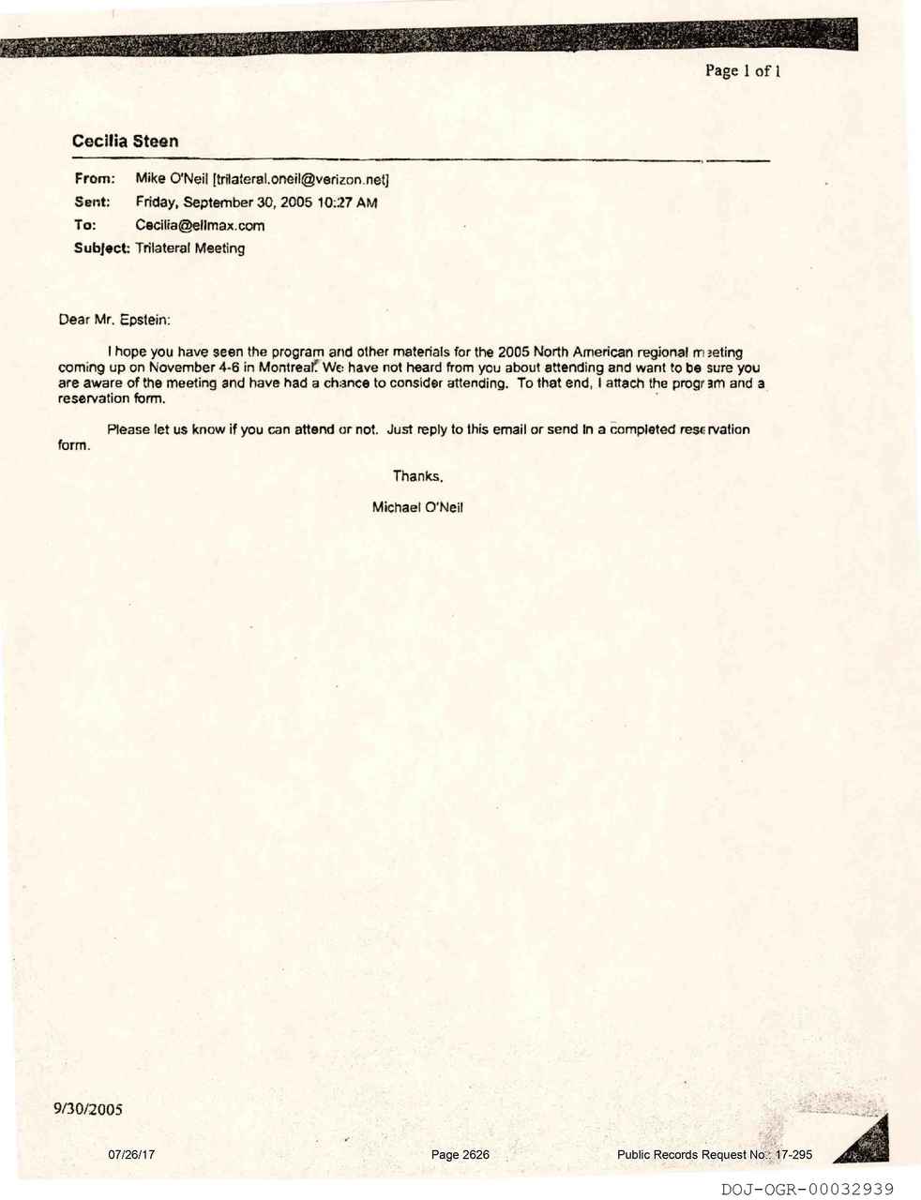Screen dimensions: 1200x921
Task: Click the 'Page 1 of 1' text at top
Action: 743,70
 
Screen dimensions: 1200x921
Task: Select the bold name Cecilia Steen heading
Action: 125,142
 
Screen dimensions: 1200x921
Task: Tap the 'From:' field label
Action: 94,178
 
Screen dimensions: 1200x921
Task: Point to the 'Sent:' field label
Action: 92,202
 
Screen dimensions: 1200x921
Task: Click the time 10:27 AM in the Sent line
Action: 348,202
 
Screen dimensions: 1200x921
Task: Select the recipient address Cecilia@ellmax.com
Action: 200,225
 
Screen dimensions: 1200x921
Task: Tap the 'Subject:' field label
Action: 102,248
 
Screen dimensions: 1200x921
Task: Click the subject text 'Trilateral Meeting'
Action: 190,248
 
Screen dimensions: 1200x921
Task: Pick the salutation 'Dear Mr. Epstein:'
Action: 114,320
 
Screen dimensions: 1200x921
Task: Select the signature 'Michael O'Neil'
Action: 417,507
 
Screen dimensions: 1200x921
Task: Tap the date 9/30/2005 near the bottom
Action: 88,1110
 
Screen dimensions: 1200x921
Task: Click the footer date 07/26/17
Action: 131,1155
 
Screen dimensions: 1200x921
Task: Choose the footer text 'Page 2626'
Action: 460,1155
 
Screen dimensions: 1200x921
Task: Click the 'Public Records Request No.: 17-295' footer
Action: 715,1155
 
